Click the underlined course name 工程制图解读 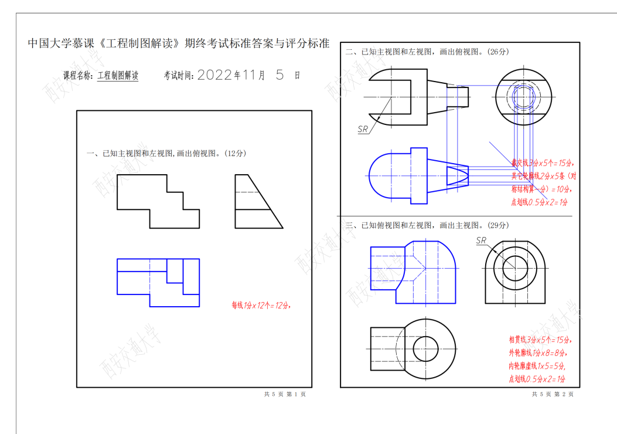(118, 76)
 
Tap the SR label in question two (363, 129)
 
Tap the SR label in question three (482, 240)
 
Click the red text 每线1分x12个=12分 (261, 305)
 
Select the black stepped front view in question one (158, 201)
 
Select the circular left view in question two (524, 96)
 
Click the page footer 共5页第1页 (285, 394)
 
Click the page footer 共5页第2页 (553, 394)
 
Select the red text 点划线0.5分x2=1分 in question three (537, 379)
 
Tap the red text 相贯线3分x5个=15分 (540, 340)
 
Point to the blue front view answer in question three (413, 272)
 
